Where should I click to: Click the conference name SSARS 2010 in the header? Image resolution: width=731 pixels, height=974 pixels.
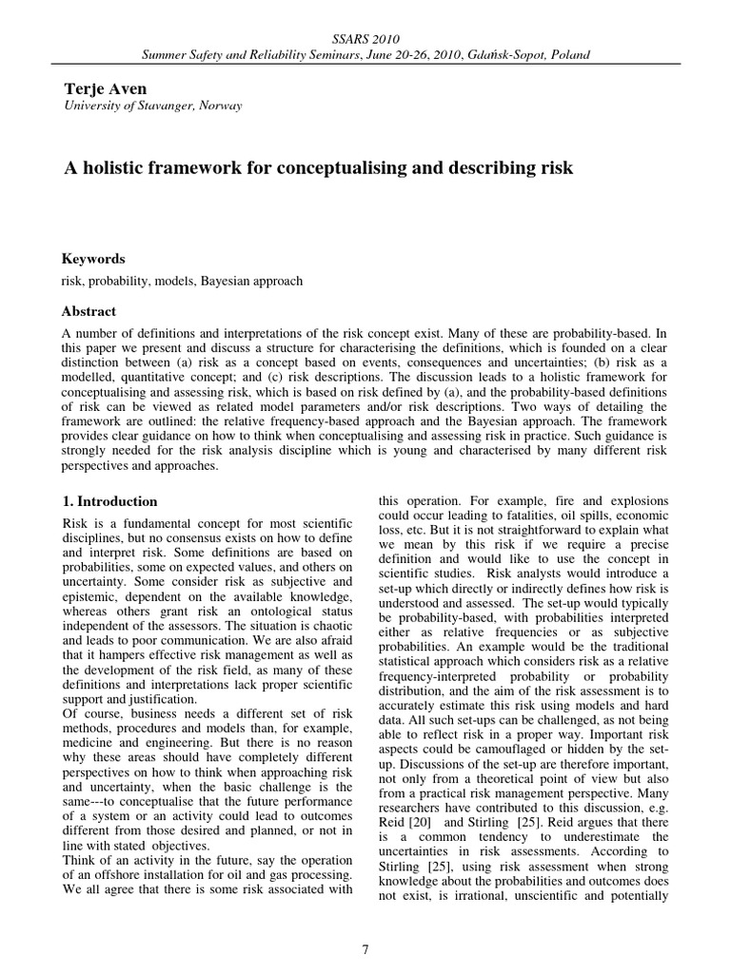click(365, 38)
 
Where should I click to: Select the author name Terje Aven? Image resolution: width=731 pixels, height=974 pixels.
click(105, 88)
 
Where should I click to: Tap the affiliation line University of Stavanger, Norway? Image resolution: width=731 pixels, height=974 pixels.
click(152, 106)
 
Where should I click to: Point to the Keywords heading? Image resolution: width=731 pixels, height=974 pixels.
click(93, 259)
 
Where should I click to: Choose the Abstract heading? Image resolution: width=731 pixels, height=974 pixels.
click(89, 311)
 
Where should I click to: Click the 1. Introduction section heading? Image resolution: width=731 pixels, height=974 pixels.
click(110, 501)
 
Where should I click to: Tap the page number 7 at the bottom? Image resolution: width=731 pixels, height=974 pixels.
click(365, 948)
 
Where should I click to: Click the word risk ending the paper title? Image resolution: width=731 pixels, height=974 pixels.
click(558, 168)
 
